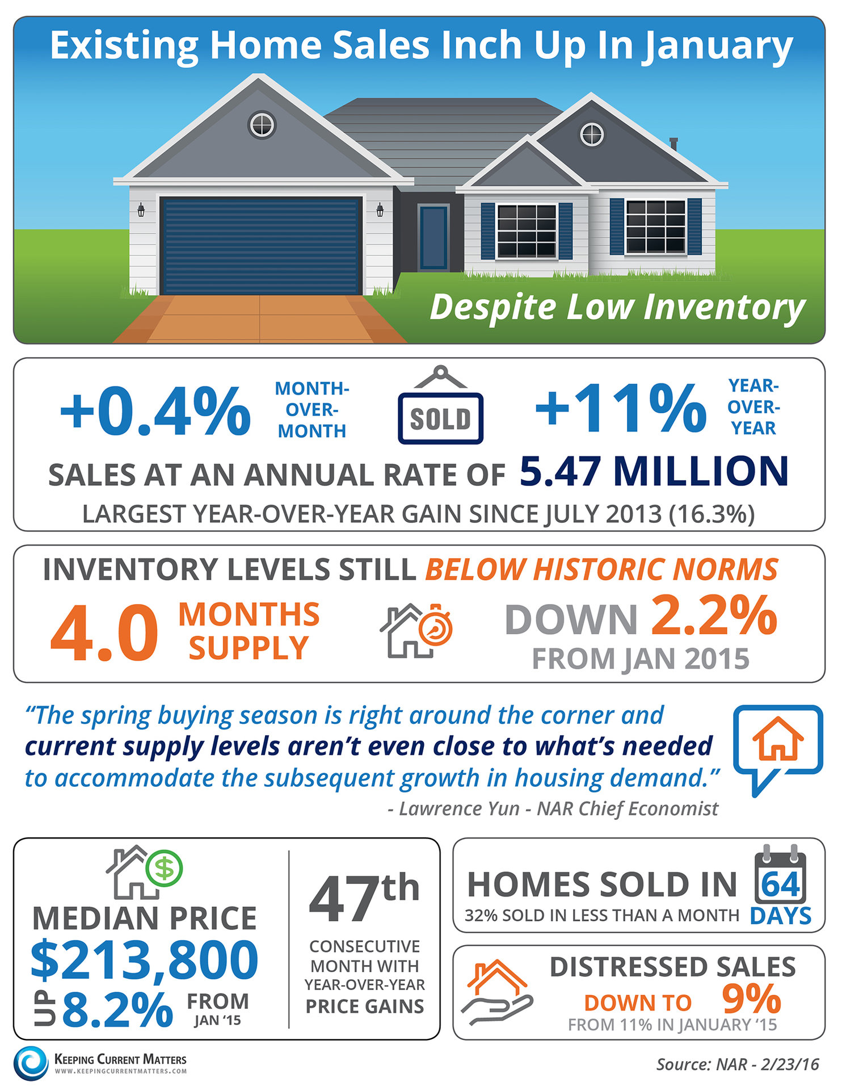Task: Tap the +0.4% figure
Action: [x=155, y=410]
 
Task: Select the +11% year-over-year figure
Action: [x=621, y=407]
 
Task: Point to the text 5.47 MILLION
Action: [x=654, y=472]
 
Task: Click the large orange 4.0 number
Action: [x=104, y=633]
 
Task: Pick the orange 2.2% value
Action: [x=714, y=615]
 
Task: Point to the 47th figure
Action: [x=364, y=898]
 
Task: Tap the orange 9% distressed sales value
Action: [x=751, y=999]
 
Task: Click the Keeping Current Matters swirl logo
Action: [x=32, y=1063]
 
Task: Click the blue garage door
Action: [x=261, y=246]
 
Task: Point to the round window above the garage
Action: [x=262, y=125]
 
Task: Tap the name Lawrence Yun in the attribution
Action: [x=459, y=808]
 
